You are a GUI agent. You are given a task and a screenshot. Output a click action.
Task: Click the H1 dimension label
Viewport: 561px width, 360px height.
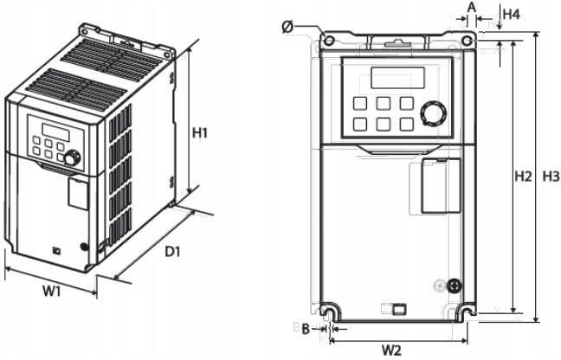coord(200,133)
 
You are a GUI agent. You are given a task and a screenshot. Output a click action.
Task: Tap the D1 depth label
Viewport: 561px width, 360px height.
coord(172,252)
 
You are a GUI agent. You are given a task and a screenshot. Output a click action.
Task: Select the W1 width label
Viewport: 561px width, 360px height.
coord(52,291)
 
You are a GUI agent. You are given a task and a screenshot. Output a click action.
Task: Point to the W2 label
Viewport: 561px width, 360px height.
coord(392,350)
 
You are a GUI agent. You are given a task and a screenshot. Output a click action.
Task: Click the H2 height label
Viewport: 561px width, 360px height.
coord(523,177)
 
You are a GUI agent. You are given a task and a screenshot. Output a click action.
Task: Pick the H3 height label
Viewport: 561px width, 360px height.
coord(551,177)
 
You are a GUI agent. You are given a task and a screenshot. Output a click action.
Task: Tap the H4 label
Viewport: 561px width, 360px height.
coord(512,15)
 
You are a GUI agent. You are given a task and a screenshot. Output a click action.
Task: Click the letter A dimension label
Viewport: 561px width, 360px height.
coord(472,7)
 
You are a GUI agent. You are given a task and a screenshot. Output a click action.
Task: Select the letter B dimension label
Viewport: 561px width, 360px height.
coord(306,329)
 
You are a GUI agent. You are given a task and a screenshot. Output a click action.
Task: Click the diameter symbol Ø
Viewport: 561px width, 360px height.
coord(287,27)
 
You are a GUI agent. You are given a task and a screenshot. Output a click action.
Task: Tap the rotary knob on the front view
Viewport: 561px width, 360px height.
coord(434,114)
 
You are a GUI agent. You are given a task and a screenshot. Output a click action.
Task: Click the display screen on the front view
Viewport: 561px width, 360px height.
coord(398,78)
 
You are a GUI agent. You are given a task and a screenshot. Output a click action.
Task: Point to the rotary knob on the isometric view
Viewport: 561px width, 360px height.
coord(72,158)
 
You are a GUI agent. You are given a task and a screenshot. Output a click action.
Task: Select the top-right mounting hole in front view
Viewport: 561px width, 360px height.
coord(467,42)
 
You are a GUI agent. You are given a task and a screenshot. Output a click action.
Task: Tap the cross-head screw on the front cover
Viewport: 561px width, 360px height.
coord(454,285)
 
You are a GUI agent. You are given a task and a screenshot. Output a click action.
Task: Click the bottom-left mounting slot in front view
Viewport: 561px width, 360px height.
coord(329,311)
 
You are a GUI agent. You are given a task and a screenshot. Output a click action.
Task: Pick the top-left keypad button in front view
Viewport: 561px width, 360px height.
coord(360,103)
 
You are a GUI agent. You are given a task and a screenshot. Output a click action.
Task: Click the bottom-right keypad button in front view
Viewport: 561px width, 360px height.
coord(407,124)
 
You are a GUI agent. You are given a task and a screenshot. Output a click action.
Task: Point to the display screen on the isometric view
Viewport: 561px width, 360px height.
coord(55,132)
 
